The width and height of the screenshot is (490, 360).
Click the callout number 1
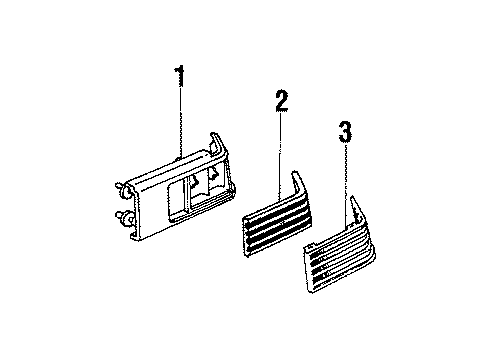pyautogui.click(x=180, y=75)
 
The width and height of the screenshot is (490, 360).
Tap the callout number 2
pyautogui.click(x=282, y=101)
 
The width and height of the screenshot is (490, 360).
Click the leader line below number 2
pyautogui.click(x=282, y=145)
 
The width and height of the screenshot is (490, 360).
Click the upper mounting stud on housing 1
pyautogui.click(x=121, y=186)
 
